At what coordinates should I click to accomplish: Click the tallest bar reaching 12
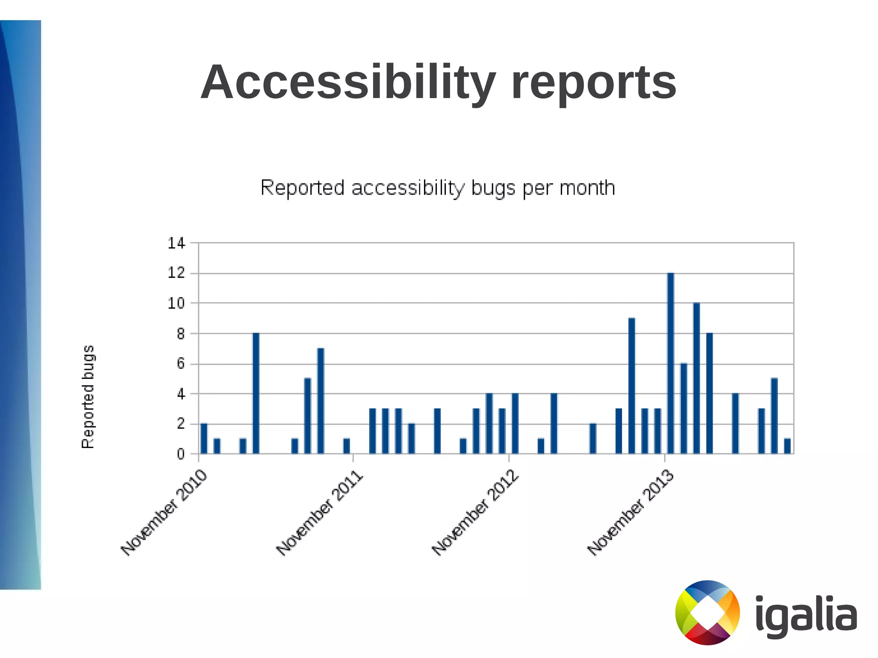(671, 363)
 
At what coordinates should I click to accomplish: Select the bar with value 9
(631, 386)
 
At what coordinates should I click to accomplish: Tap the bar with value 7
(321, 401)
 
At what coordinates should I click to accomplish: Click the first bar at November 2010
(204, 439)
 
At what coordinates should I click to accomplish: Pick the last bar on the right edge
(787, 446)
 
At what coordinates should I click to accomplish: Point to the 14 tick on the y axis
(176, 243)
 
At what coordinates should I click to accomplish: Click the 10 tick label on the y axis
(176, 303)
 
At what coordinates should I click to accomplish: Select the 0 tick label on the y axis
(181, 454)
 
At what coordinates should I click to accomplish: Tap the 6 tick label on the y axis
(181, 364)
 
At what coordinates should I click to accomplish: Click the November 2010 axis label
(164, 513)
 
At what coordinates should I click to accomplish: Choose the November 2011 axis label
(320, 513)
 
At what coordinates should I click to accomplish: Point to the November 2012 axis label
(475, 513)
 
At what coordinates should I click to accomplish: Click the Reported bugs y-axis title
(88, 397)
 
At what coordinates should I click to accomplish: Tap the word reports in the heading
(594, 82)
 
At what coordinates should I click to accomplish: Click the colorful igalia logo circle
(707, 613)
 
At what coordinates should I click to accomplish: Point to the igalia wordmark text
(806, 616)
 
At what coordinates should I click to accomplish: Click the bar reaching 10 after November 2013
(697, 378)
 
